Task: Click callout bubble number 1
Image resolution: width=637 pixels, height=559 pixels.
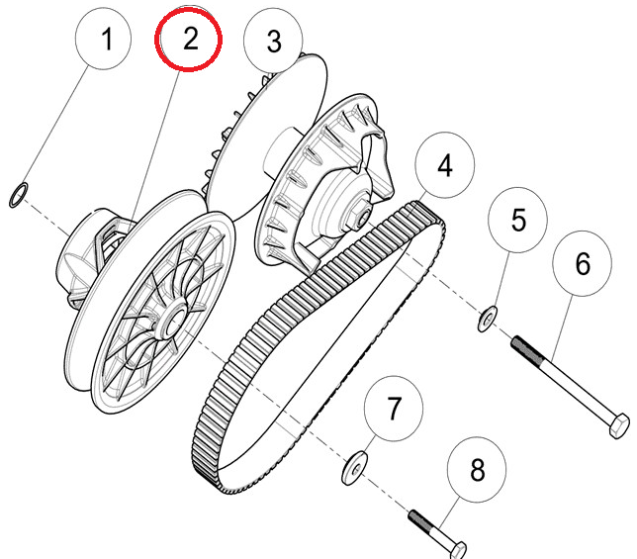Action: point(107,41)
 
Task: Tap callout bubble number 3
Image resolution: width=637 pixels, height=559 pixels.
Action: point(274,42)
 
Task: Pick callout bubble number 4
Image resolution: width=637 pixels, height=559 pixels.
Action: point(445,165)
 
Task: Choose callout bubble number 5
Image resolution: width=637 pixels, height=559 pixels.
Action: point(518,220)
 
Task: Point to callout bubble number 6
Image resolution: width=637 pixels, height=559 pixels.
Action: point(583,263)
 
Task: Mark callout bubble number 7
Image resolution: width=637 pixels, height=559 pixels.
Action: point(394,408)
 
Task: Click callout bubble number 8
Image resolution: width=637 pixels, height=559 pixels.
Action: point(477,471)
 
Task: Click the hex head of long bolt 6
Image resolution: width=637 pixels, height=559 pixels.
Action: point(614,428)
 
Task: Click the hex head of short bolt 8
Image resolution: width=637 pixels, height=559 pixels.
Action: point(459,547)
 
